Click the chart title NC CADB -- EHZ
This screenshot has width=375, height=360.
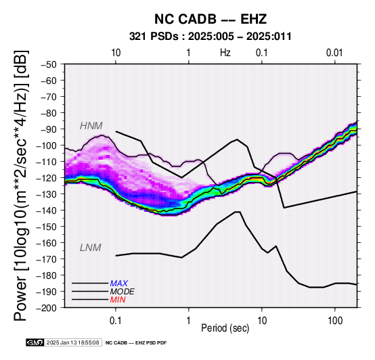(211, 19)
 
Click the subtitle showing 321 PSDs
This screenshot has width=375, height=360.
(211, 37)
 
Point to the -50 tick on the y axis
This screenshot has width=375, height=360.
(49, 64)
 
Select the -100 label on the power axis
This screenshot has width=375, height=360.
(47, 145)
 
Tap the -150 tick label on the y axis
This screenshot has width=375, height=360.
(47, 227)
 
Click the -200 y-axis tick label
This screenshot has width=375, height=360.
(47, 308)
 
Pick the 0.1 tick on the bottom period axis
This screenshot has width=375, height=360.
(116, 321)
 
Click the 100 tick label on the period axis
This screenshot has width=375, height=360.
(335, 321)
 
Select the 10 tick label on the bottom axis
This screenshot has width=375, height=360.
(262, 321)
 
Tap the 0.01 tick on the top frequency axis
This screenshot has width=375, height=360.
(334, 53)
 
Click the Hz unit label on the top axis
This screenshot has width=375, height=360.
(225, 53)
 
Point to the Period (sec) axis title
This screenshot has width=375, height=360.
(225, 328)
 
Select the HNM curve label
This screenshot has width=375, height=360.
(91, 126)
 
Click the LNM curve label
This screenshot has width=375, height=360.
(91, 248)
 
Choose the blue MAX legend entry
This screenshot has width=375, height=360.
(119, 284)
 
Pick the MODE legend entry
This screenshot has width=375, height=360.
(123, 292)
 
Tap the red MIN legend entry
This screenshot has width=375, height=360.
(118, 300)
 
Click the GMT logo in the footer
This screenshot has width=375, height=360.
(35, 342)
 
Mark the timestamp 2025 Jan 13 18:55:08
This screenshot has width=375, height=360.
(72, 342)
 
